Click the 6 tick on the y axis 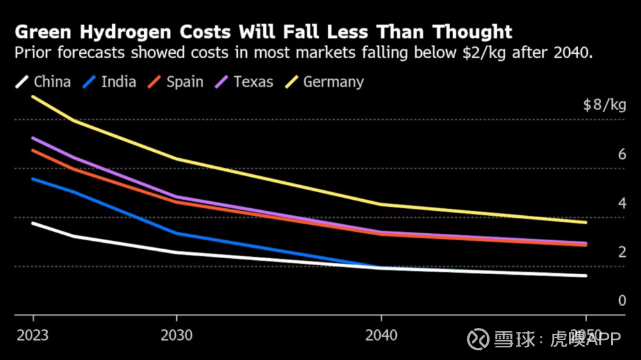click(x=621, y=154)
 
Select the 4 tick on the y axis click(x=621, y=203)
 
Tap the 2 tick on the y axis click(x=621, y=252)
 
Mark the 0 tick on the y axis click(x=621, y=300)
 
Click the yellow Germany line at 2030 click(x=176, y=159)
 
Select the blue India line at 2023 click(x=33, y=179)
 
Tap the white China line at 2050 click(x=586, y=276)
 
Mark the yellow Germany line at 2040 click(x=381, y=204)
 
